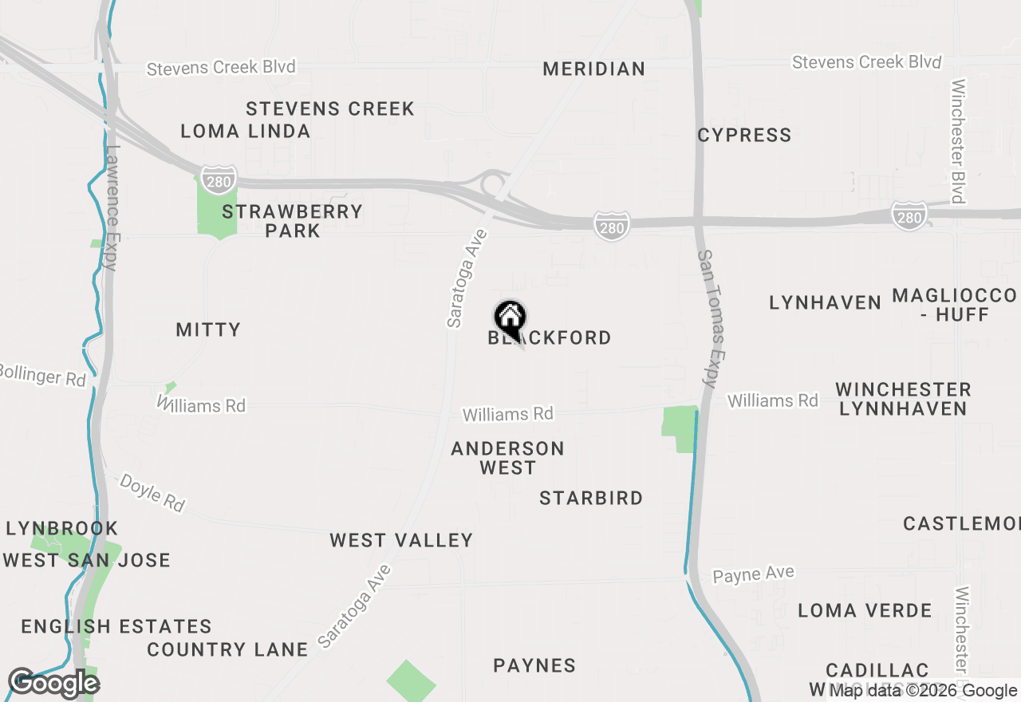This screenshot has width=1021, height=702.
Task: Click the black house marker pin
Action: pos(510,318)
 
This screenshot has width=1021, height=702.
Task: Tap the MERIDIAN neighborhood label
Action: pos(594,69)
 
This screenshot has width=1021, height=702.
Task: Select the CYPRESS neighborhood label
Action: pos(744,135)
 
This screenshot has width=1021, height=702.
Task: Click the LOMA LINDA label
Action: pos(246,131)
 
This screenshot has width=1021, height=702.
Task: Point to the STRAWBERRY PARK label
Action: pos(293,221)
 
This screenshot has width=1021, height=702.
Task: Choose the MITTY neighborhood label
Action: pos(208,329)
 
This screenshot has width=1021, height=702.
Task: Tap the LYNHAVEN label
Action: pos(826,302)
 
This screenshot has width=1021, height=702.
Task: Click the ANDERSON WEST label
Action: pos(508,458)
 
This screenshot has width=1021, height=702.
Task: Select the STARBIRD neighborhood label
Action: pos(591,498)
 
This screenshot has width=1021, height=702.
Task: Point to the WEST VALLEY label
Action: pos(402,540)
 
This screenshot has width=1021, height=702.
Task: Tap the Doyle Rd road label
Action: pos(152,492)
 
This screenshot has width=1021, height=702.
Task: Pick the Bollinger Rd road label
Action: pos(41,374)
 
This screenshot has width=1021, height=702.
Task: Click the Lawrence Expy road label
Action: pos(112,207)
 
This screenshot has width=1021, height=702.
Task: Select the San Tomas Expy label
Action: pos(712,318)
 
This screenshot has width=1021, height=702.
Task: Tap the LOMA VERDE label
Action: pos(865,610)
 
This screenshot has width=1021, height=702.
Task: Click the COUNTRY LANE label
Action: pos(227,649)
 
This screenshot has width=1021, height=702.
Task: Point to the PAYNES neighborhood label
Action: pos(534,665)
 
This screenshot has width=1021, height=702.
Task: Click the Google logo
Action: pos(53,684)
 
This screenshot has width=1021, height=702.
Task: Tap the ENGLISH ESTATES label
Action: pos(116,626)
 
